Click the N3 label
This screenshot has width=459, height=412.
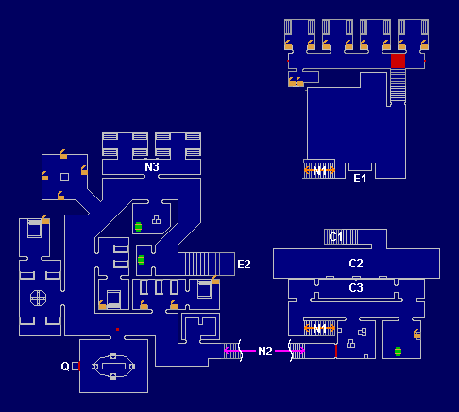click(152, 167)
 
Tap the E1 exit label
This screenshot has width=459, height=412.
click(360, 179)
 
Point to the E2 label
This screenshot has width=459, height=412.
click(244, 265)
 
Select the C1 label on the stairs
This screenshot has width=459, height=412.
click(335, 236)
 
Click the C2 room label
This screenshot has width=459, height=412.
click(356, 264)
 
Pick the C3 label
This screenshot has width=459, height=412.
click(356, 288)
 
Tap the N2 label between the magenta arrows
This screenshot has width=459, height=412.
click(265, 351)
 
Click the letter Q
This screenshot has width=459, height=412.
click(65, 367)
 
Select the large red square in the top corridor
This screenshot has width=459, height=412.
click(398, 60)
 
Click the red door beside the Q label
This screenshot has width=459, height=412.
click(79, 366)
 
